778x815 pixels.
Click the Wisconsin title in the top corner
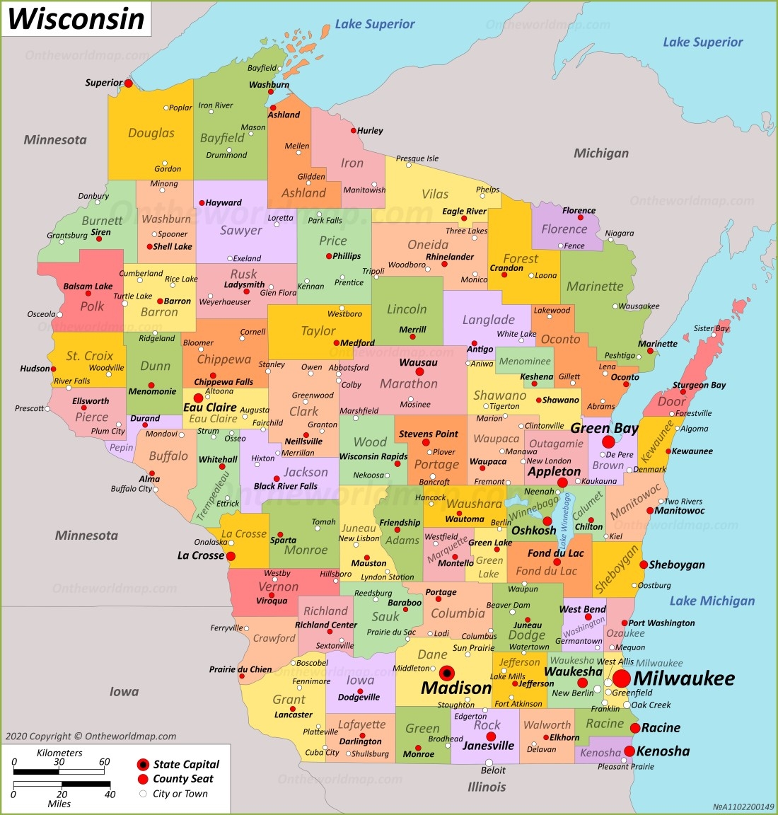(x=76, y=18)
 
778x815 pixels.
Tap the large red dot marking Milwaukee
(x=621, y=678)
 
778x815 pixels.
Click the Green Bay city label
(x=604, y=428)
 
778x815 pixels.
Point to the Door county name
(x=671, y=401)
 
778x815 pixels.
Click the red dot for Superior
(x=129, y=83)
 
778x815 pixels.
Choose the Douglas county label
(x=151, y=133)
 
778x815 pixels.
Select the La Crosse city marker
(x=231, y=556)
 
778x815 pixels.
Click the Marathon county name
(x=409, y=383)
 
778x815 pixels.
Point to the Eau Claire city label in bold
(x=209, y=407)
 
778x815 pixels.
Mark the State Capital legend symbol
(x=143, y=764)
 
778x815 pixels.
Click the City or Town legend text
(x=180, y=794)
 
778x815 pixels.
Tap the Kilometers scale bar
(x=59, y=771)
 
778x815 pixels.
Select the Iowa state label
(x=124, y=691)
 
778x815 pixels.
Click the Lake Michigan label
(x=712, y=601)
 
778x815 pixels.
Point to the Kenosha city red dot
(x=629, y=751)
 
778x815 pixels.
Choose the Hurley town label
(x=370, y=131)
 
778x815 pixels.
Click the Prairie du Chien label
(x=240, y=669)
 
